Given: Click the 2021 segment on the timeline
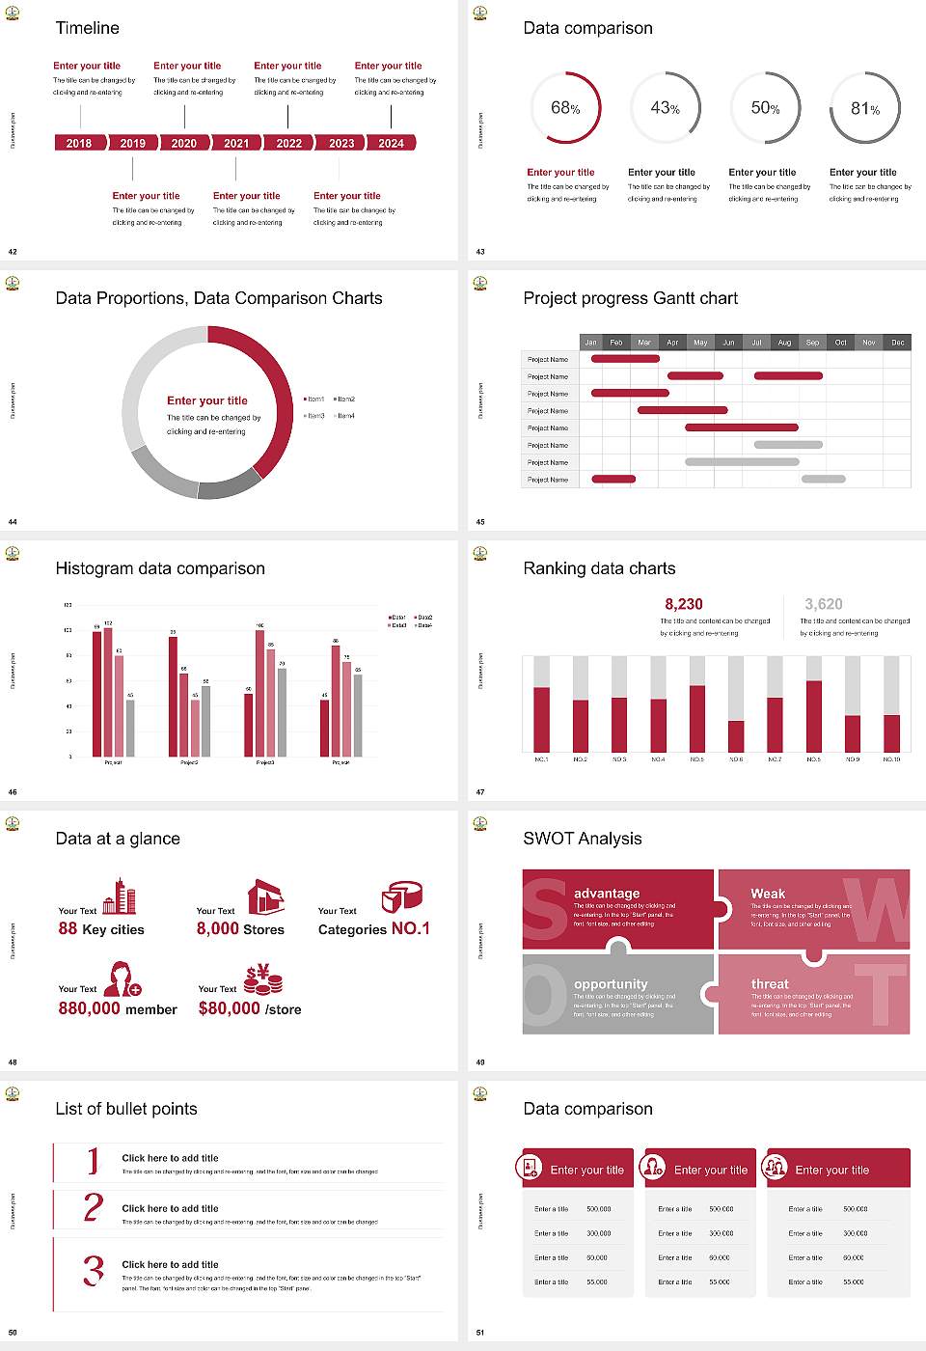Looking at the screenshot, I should click(236, 143).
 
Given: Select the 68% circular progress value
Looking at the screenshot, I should click(565, 108).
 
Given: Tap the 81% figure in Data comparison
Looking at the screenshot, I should click(865, 109).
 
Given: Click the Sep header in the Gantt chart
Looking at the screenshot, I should click(812, 343).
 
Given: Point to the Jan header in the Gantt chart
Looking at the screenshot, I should click(590, 343).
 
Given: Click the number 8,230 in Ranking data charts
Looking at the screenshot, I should click(684, 604).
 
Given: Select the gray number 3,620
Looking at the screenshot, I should click(824, 604).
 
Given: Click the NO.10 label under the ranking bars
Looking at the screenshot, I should click(891, 759).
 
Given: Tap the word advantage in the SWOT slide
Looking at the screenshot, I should click(607, 894).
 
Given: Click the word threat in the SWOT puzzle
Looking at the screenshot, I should click(770, 984).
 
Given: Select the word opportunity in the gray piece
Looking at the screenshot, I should click(611, 984).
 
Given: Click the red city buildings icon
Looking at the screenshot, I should click(120, 896).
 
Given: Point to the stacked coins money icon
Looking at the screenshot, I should click(262, 980).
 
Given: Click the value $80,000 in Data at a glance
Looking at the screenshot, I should click(229, 1008).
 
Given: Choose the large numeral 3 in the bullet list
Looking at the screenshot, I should click(93, 1270).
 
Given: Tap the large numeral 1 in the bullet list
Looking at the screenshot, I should click(93, 1160).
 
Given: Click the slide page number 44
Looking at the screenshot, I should click(13, 522).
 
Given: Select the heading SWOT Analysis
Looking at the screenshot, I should click(582, 839).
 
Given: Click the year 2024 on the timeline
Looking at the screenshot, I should click(391, 143).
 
